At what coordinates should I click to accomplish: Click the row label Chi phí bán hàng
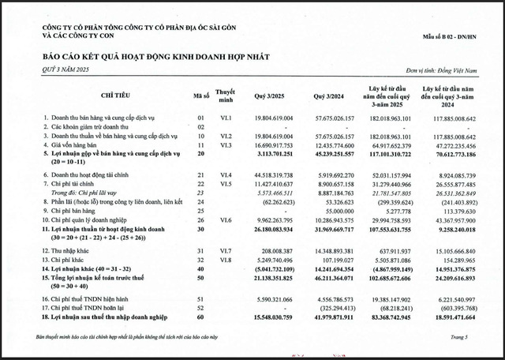coord(80,211)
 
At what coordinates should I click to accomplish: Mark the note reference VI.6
coord(226,219)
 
